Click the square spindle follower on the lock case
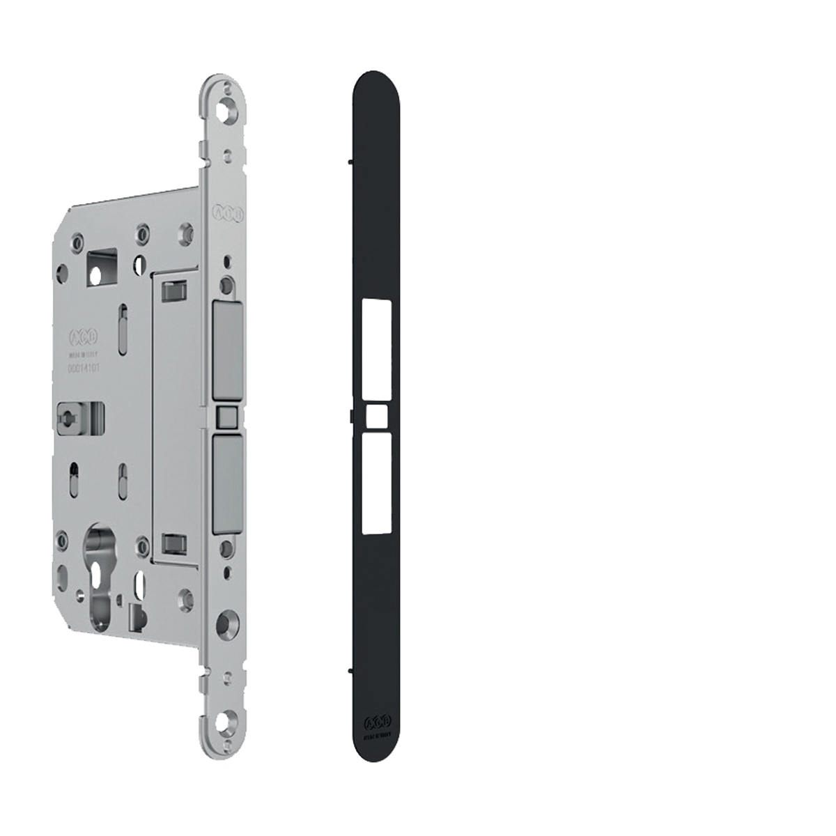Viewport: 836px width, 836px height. point(69,417)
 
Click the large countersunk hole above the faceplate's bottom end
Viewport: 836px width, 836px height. point(226,623)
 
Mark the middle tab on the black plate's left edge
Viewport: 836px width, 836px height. point(347,417)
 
